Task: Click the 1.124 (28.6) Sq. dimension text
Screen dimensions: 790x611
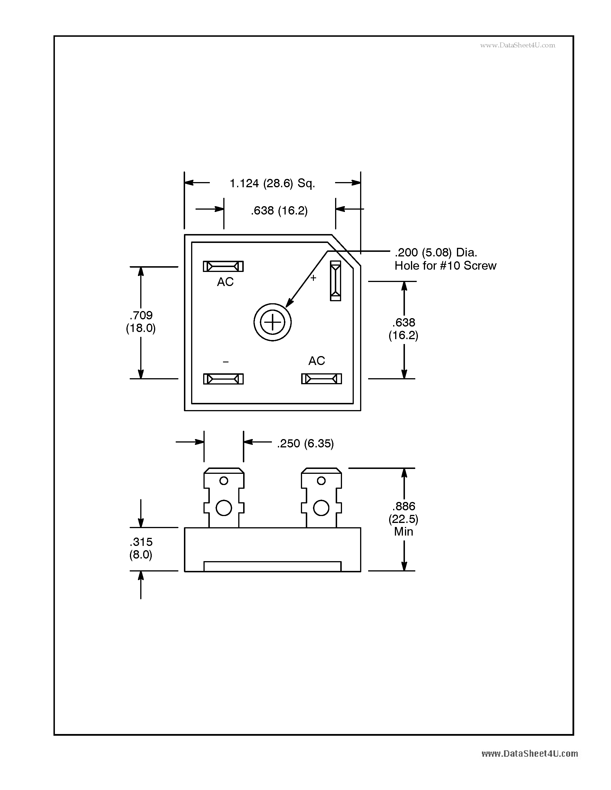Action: coord(272,184)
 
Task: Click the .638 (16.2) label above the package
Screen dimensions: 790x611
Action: coord(279,210)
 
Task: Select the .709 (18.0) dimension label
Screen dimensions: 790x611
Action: coord(141,322)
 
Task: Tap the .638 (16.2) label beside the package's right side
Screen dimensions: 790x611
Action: coord(403,329)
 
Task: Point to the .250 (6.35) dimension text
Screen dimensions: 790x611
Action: coord(305,443)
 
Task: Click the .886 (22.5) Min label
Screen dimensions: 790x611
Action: coord(403,519)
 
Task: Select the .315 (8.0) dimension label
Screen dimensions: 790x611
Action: coord(141,548)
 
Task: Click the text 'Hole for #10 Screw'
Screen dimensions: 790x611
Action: coord(445,266)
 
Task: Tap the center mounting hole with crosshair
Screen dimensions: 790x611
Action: coord(272,322)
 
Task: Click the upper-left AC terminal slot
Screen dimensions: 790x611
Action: coord(223,266)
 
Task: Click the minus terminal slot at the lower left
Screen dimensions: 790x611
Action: coord(223,379)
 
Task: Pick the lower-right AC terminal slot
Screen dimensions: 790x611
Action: coord(321,379)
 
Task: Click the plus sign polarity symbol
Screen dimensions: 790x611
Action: coord(313,278)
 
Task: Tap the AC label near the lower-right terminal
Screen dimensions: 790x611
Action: coord(316,361)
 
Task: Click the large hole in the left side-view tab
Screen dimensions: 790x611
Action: coord(224,508)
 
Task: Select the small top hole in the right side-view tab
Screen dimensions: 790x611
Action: coord(321,481)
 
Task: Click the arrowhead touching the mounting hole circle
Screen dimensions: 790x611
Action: coord(289,303)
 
